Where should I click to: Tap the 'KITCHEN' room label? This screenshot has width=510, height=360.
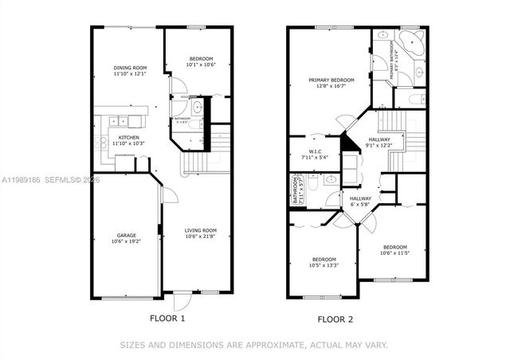(129, 137)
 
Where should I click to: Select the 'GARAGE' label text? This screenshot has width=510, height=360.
(126, 235)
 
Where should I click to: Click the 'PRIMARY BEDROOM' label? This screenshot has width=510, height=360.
(331, 80)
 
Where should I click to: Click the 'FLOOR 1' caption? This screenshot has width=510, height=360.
(167, 319)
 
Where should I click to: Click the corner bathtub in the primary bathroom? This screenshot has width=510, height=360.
(411, 45)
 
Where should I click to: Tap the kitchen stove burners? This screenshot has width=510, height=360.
(101, 144)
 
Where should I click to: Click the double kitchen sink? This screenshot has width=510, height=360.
(119, 121)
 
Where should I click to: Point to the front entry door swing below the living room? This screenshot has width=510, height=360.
(182, 303)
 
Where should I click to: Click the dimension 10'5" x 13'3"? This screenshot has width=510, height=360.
(324, 265)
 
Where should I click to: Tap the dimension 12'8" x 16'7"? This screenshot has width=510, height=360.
(331, 86)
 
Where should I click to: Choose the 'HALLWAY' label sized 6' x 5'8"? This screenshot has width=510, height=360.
(360, 198)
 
